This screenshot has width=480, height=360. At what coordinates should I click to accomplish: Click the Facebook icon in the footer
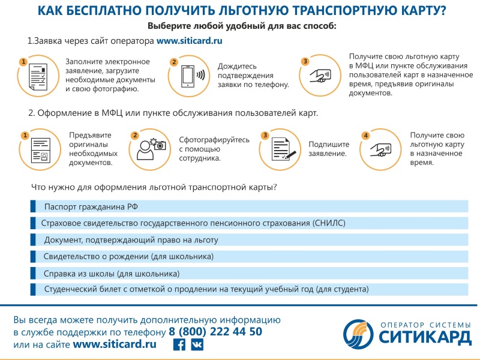tap(179, 344)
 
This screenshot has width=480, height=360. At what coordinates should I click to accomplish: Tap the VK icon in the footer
tap(197, 344)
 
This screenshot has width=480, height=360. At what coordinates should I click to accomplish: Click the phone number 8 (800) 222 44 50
tap(215, 332)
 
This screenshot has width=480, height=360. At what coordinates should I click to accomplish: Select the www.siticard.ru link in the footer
tap(115, 344)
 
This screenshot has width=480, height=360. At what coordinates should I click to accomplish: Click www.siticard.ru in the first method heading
tap(189, 41)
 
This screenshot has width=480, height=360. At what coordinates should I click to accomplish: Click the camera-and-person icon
tap(151, 149)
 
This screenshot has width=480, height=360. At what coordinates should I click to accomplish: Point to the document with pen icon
tap(283, 149)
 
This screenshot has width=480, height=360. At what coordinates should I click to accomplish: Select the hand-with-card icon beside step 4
tap(380, 149)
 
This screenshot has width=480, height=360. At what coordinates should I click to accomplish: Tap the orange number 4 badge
tap(365, 136)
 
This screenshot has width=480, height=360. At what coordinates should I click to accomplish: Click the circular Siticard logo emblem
tap(358, 334)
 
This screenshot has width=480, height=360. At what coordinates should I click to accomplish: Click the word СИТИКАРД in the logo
tap(425, 337)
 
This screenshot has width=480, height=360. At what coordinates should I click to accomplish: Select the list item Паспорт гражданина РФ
tap(91, 207)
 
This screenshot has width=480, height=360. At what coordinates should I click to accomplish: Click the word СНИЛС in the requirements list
tap(329, 223)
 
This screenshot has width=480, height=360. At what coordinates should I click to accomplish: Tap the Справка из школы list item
tap(112, 274)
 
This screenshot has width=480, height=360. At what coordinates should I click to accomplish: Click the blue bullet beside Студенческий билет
tap(33, 290)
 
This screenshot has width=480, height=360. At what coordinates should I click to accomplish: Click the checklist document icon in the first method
tap(38, 77)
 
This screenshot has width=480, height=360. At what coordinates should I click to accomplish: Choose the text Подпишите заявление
tap(329, 149)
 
